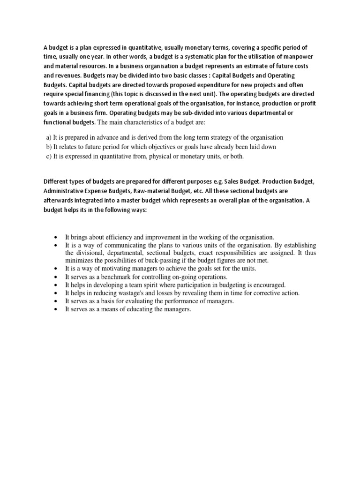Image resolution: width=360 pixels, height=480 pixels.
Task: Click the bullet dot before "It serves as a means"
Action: [56, 309]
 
